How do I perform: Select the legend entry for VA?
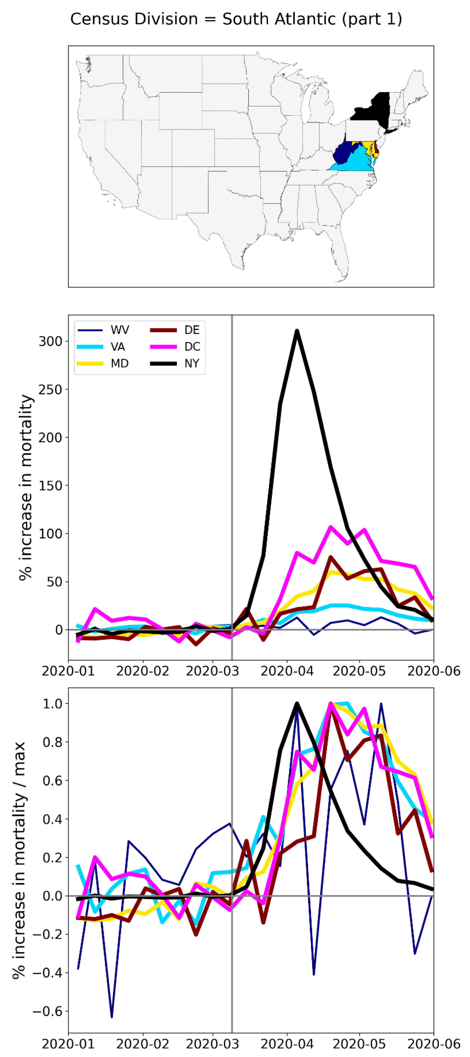coord(118,347)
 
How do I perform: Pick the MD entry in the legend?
coord(119,364)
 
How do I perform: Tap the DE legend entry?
coord(191,330)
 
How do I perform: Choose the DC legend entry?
coord(192,347)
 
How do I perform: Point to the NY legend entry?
coord(191,364)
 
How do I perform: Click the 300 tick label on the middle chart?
coord(50,341)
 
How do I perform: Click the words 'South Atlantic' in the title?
coord(279,19)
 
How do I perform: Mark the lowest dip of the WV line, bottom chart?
coord(112,1017)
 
